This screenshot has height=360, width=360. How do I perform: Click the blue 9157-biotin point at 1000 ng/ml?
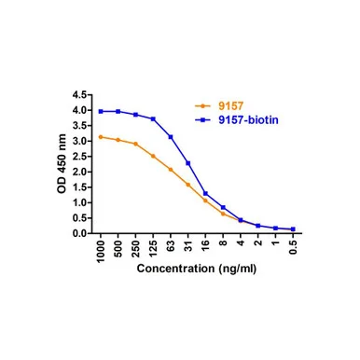point(101,111)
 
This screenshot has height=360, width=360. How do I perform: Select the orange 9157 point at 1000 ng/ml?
point(101,137)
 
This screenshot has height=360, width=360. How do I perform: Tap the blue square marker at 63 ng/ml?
point(171,137)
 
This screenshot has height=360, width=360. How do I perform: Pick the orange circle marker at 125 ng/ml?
point(153,156)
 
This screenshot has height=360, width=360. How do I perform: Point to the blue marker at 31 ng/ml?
point(187,163)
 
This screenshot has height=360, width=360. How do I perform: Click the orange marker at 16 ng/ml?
point(205,201)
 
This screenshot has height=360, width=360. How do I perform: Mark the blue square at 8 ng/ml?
point(223,207)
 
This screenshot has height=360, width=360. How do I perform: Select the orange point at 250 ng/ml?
point(135,144)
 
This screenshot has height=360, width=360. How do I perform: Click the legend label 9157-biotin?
point(248,120)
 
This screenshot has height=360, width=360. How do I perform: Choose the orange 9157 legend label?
point(230,106)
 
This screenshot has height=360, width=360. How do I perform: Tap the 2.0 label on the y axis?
point(80,172)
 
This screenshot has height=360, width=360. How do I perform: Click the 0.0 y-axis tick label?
point(80,233)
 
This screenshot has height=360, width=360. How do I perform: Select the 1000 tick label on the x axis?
point(101,251)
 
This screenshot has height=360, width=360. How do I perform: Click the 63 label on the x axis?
point(171,245)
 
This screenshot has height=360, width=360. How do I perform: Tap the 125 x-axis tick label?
point(153,249)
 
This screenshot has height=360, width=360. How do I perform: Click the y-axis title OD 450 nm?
point(62,164)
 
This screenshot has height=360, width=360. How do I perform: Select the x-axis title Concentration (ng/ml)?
point(197,269)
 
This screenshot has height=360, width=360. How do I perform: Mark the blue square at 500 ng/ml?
point(118,111)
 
